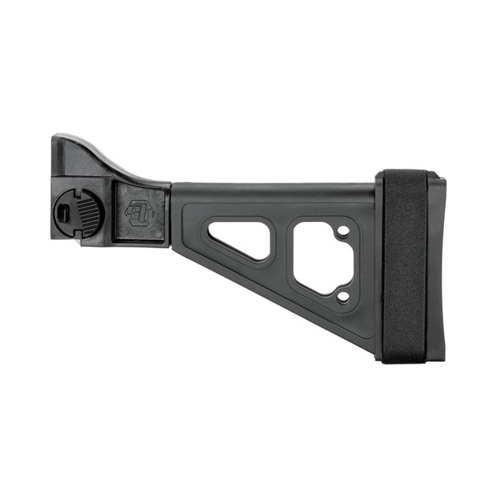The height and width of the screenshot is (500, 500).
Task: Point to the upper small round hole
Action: click(342, 230)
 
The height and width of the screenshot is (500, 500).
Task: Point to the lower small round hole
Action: click(342, 296)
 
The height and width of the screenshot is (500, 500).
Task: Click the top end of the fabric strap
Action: click(403, 175)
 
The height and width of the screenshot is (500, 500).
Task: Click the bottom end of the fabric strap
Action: click(403, 358)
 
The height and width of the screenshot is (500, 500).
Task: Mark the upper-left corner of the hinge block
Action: click(55, 137)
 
